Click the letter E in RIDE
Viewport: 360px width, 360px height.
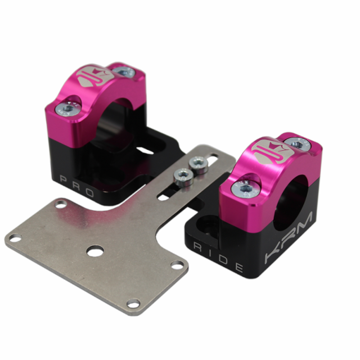pos(238,267)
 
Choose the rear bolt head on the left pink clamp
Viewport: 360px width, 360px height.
pos(123,72)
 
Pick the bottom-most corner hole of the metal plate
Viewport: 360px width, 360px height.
pos(133,305)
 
